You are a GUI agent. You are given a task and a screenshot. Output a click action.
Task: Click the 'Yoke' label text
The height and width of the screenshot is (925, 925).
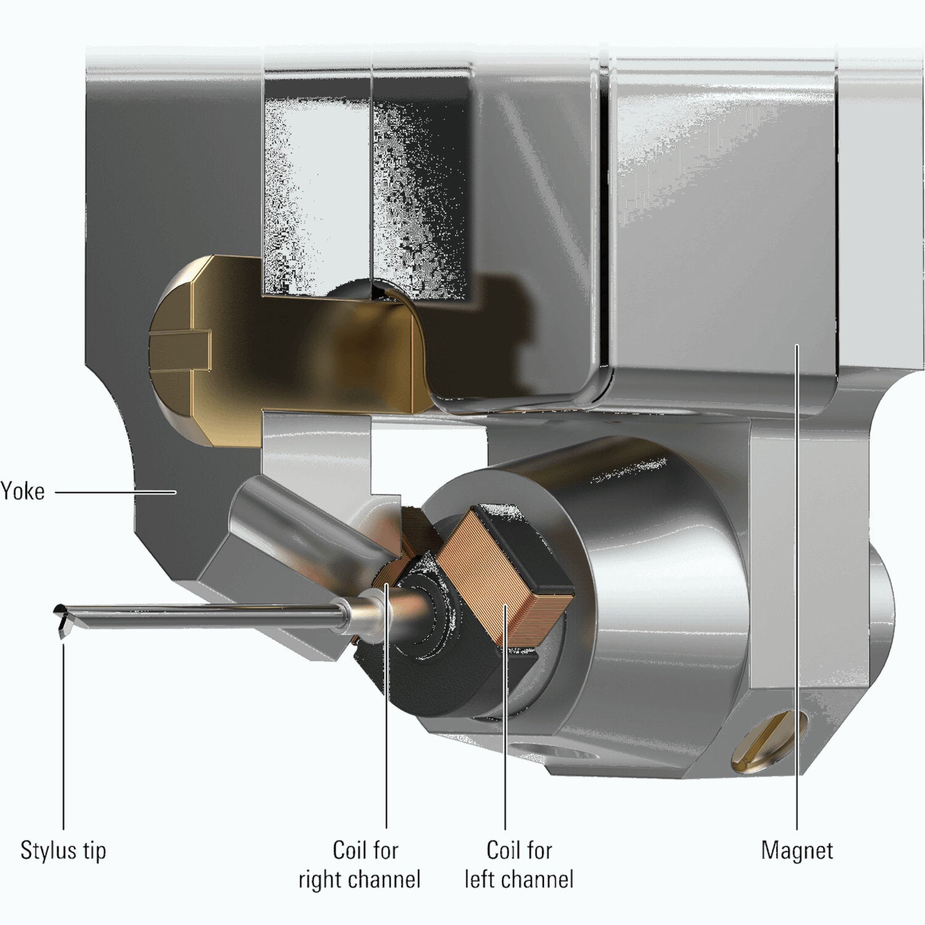(x=23, y=491)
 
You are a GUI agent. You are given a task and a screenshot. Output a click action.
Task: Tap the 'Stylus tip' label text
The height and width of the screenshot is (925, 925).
(x=64, y=850)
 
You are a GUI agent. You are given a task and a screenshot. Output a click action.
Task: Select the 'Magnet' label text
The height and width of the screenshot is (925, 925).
(x=797, y=850)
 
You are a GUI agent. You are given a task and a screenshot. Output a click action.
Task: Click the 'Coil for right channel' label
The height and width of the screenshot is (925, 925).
(x=360, y=865)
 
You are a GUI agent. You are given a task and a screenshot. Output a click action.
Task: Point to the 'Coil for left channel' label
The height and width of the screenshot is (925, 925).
(x=519, y=865)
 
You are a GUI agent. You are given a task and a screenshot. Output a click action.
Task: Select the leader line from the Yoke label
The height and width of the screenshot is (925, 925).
(x=115, y=492)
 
